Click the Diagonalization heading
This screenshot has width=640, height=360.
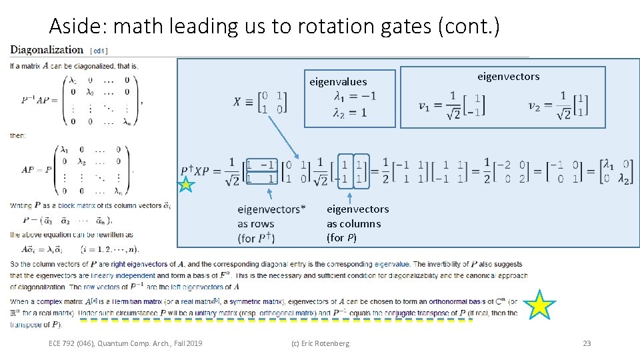pyautogui.click(x=47, y=49)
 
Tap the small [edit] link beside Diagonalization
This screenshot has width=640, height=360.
pyautogui.click(x=99, y=50)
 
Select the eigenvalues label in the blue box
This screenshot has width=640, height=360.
pyautogui.click(x=338, y=82)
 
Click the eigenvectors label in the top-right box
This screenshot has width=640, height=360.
pyautogui.click(x=508, y=77)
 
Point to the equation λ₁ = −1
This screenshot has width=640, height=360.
pyautogui.click(x=355, y=96)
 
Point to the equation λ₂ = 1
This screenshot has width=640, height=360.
pyautogui.click(x=351, y=113)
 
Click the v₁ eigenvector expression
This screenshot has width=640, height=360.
pyautogui.click(x=451, y=105)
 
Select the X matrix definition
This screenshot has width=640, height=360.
pyautogui.click(x=261, y=101)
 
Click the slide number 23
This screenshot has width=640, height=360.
pyautogui.click(x=587, y=343)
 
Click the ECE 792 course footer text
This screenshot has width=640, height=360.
pyautogui.click(x=125, y=343)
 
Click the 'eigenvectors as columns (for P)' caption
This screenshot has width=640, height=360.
pyautogui.click(x=357, y=223)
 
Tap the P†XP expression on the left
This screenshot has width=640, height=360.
pyautogui.click(x=203, y=171)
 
